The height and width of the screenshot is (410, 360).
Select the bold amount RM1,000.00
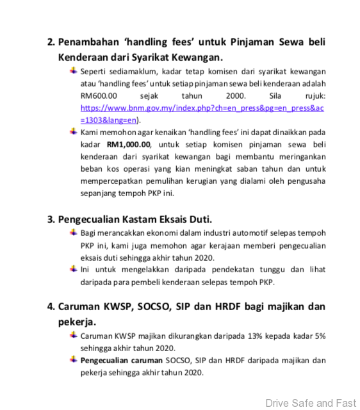tap(128, 144)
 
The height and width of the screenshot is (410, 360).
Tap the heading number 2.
tap(51, 42)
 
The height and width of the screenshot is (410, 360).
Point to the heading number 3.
tap(51, 219)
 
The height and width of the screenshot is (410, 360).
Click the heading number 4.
tap(51, 307)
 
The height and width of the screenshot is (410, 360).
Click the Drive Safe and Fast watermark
tap(310, 403)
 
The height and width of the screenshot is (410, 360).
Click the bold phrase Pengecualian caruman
tap(121, 360)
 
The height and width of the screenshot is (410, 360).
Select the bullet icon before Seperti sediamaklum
tap(74, 70)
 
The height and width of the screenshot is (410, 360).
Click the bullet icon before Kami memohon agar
tap(74, 131)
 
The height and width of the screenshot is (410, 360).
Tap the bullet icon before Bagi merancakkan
tap(74, 232)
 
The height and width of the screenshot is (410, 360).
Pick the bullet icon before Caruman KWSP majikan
tap(74, 335)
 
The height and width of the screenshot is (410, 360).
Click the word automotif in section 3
tap(240, 233)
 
